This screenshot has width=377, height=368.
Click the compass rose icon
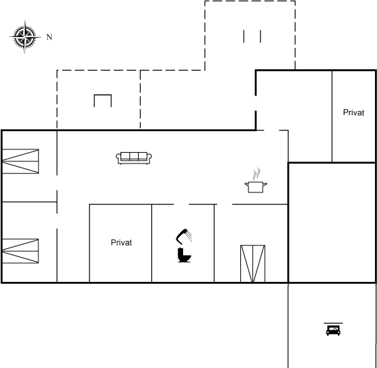pyautogui.click(x=25, y=37)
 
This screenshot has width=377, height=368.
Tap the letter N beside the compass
pyautogui.click(x=49, y=37)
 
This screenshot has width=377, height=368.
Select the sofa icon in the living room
pyautogui.click(x=134, y=158)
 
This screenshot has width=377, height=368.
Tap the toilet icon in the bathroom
pyautogui.click(x=184, y=255)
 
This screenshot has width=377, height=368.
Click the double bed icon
pyautogui.click(x=333, y=330)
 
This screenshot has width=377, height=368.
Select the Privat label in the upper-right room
pyautogui.click(x=353, y=112)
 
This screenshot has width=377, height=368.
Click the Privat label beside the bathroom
pyautogui.click(x=121, y=243)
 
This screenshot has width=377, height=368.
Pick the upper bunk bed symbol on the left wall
pyautogui.click(x=20, y=161)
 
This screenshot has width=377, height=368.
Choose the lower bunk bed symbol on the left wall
pyautogui.click(x=20, y=251)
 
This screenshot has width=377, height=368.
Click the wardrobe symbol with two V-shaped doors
pyautogui.click(x=252, y=264)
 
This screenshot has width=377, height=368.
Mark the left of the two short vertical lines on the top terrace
pyautogui.click(x=244, y=36)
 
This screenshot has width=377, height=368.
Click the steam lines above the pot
pyautogui.click(x=256, y=174)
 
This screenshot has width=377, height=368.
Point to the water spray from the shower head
pyautogui.click(x=189, y=236)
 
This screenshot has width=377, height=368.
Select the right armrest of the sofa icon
pyautogui.click(x=149, y=158)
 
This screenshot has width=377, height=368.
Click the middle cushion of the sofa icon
pyautogui.click(x=134, y=156)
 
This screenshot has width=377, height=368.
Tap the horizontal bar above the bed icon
pyautogui.click(x=333, y=324)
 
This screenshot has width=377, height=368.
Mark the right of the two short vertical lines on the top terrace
pyautogui.click(x=261, y=36)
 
